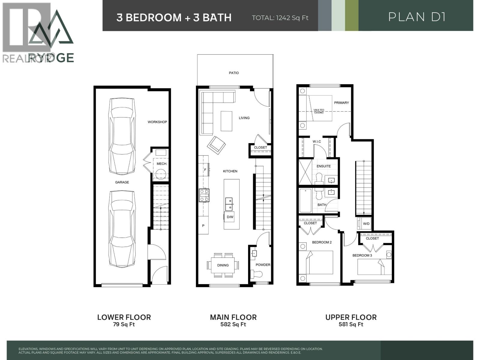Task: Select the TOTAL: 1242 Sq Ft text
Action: click(x=280, y=18)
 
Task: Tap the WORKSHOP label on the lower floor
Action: click(x=157, y=122)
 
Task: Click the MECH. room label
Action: click(x=162, y=164)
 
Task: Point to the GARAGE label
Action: click(x=122, y=182)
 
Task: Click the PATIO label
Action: click(x=234, y=73)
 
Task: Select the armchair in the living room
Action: click(x=216, y=145)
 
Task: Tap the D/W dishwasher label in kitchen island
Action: click(x=230, y=217)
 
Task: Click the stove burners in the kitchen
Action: click(x=204, y=195)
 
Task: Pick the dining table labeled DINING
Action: click(x=223, y=265)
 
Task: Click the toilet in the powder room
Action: click(x=256, y=274)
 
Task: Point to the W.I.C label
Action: click(x=316, y=142)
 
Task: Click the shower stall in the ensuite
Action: click(x=305, y=172)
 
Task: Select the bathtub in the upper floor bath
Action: click(x=305, y=201)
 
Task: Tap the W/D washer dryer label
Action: click(x=366, y=224)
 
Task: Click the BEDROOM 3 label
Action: click(x=362, y=255)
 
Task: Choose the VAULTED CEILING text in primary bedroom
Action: click(x=319, y=111)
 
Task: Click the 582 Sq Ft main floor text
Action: click(x=233, y=324)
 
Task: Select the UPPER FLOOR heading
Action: click(x=351, y=317)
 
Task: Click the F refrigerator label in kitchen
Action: click(x=205, y=170)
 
